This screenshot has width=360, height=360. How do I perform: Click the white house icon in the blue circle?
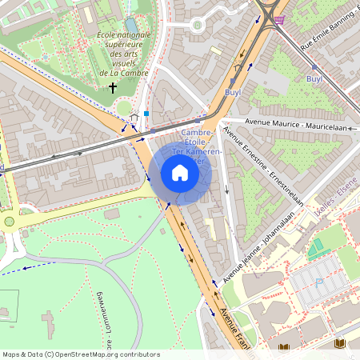point(180,173)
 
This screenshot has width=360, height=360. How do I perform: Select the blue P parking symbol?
point(319,282)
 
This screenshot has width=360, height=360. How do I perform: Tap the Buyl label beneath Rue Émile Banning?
point(314,80)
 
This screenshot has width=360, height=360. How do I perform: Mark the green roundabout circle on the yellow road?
point(9,222)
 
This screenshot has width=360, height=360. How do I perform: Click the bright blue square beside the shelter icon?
point(146,114)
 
